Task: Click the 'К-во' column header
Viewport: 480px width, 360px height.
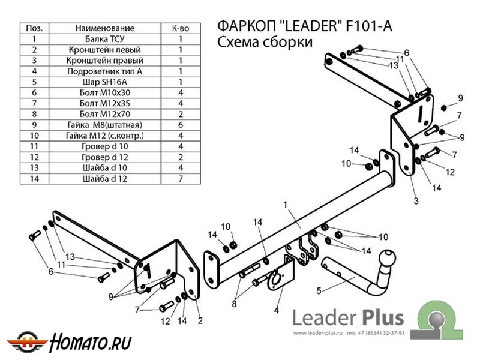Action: (181, 28)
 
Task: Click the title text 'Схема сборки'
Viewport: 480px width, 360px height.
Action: (263, 43)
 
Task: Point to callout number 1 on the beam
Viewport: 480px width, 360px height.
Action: (286, 205)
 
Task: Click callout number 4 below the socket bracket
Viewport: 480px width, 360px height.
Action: (277, 310)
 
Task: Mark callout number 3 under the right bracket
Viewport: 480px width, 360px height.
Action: (415, 200)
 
